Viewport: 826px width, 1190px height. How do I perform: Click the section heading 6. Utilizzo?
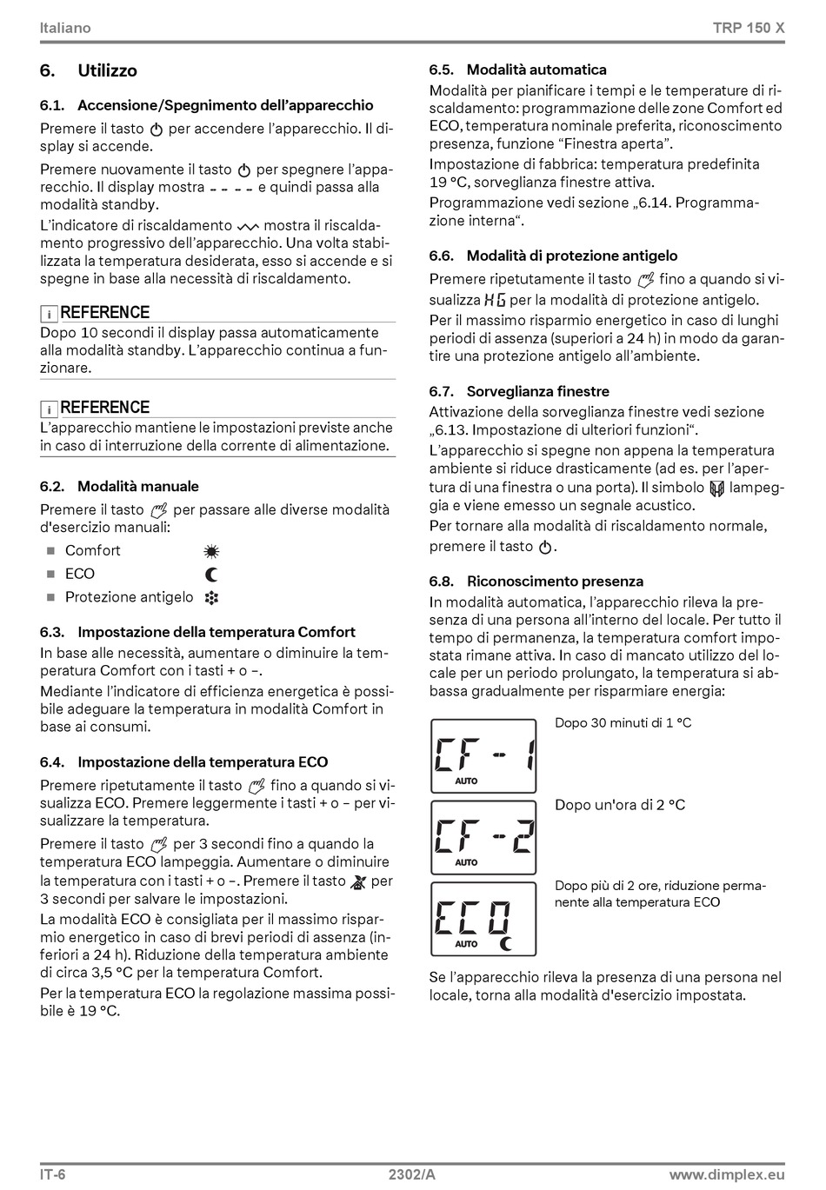[x=89, y=70]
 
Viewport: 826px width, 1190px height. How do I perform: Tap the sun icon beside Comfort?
[x=211, y=551]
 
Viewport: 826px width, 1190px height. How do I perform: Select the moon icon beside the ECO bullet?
[x=211, y=575]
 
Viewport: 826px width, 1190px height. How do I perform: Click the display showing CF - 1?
[x=483, y=755]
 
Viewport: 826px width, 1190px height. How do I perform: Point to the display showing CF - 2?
[x=483, y=837]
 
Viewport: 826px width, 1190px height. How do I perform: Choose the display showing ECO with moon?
[x=483, y=919]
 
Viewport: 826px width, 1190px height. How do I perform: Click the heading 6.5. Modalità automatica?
[x=518, y=70]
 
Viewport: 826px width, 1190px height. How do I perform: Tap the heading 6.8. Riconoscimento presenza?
[x=536, y=581]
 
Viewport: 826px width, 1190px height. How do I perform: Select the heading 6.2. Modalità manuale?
[x=120, y=486]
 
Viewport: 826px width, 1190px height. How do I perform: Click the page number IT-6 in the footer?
[x=53, y=1175]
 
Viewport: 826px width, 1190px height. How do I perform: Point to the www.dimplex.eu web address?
[x=727, y=1175]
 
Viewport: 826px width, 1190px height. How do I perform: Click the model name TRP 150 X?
[x=749, y=28]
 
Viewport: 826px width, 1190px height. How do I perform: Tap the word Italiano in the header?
[x=65, y=28]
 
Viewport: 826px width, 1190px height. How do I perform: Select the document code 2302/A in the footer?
[x=412, y=1175]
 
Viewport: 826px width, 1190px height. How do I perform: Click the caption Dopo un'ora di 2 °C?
[x=620, y=805]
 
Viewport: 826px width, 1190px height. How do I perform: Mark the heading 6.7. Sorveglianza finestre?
[x=519, y=391]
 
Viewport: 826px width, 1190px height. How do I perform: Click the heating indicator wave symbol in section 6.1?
[x=248, y=227]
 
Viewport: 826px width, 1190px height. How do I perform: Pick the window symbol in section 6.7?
[x=716, y=489]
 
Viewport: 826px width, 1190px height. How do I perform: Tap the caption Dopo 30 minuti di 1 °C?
[x=623, y=723]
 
